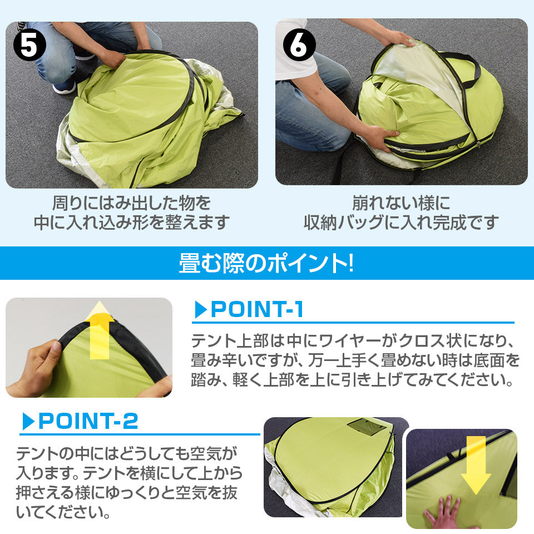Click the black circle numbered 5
(29, 45)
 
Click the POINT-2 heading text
(88, 421)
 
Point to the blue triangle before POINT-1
(201, 310)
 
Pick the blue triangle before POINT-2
(28, 421)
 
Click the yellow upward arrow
(100, 330)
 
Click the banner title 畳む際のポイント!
(266, 263)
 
